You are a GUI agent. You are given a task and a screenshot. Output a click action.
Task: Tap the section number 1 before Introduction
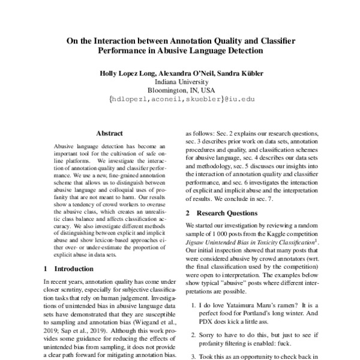(47, 268)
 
